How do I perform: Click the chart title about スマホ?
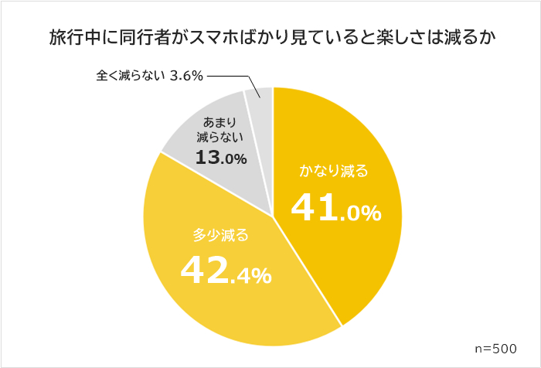(x=271, y=36)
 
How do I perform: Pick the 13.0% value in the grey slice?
(x=220, y=158)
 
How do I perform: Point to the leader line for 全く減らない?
(x=232, y=77)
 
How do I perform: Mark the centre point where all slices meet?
(x=273, y=216)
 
